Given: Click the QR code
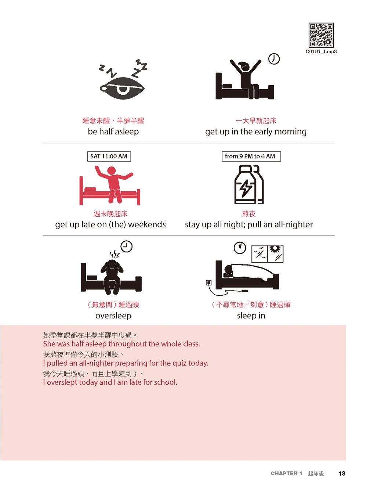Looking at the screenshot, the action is (321, 35).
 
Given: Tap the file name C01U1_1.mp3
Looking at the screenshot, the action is (321, 51).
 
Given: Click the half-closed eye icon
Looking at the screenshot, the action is (122, 88).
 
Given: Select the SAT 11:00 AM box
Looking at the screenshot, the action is (109, 156).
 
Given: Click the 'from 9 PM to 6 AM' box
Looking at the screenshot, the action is (251, 156).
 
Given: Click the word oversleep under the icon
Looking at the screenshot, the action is (113, 316).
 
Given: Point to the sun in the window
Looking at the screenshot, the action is (275, 249).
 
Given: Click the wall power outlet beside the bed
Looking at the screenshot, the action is (208, 282).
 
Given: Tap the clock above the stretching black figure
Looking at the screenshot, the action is (274, 59).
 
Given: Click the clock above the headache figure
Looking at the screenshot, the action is (126, 246).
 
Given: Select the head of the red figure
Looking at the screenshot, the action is (111, 170).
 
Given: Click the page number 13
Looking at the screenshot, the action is (342, 473).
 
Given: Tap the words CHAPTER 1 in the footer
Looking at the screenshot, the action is (286, 473).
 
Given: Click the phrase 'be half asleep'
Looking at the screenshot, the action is (113, 131).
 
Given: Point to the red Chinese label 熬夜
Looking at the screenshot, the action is (248, 213).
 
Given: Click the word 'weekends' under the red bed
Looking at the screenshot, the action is (147, 224).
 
